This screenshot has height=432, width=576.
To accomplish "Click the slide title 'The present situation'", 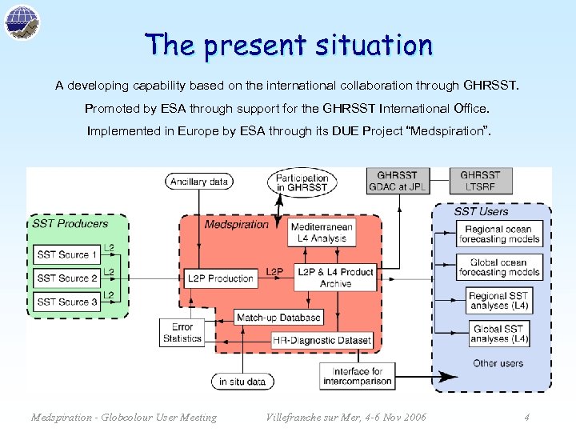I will [x=289, y=45].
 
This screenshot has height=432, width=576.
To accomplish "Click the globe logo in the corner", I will [x=22, y=22].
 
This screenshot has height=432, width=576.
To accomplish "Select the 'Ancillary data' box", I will [x=198, y=182].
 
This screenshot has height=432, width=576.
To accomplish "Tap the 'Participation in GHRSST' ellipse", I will [x=302, y=182].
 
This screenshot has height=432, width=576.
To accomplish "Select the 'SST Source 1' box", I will [x=67, y=255].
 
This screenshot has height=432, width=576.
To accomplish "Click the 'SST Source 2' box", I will [x=67, y=278].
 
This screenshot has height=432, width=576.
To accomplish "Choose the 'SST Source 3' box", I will [x=67, y=302].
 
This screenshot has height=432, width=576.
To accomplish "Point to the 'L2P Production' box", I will [x=220, y=278].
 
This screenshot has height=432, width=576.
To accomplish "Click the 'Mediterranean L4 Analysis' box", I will [x=322, y=233].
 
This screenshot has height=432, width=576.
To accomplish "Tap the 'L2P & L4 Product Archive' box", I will [x=335, y=278].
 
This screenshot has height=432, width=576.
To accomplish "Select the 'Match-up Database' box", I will [x=278, y=318].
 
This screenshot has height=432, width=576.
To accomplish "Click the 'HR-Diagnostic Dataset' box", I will [x=322, y=340].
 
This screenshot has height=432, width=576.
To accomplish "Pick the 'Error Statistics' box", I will [x=182, y=333].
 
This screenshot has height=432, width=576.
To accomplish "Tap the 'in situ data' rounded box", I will [x=242, y=382].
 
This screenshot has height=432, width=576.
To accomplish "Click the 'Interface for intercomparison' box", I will [x=357, y=376].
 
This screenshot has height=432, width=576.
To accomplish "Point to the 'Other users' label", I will [x=498, y=363].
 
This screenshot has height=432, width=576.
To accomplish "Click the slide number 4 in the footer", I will [x=526, y=417].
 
